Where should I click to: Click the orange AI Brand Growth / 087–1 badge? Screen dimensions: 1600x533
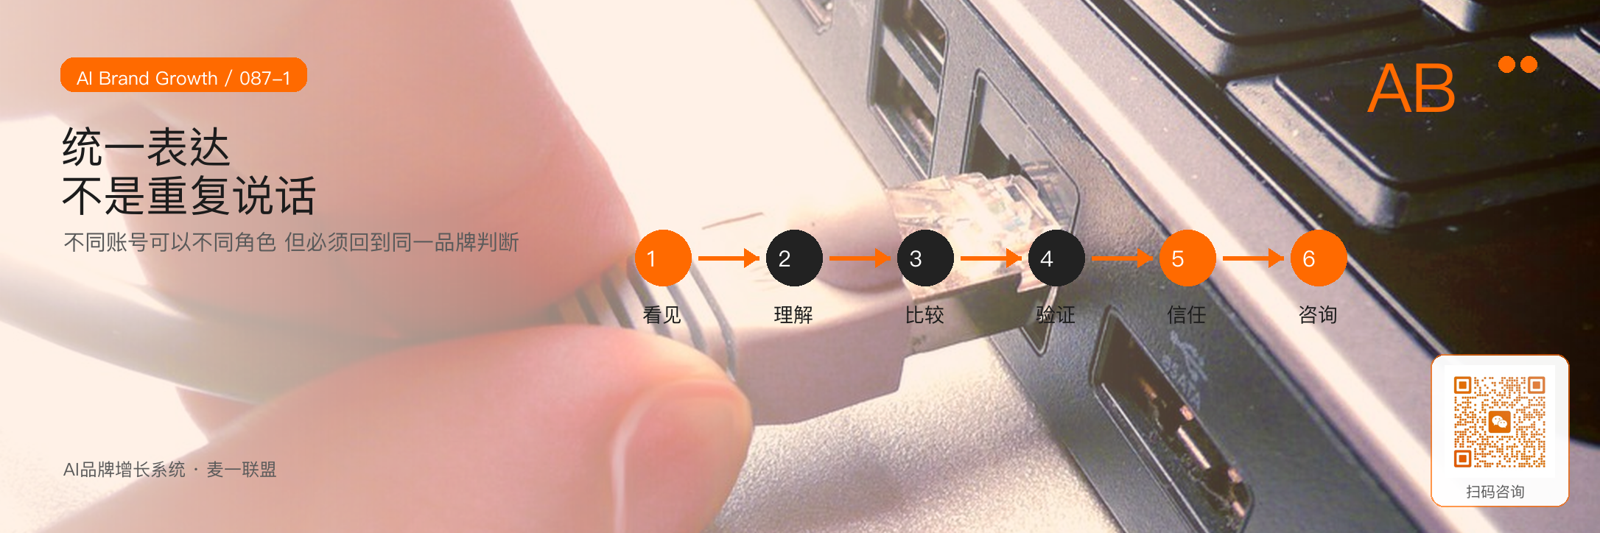coord(183,75)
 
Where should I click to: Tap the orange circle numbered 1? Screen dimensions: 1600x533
coord(663,258)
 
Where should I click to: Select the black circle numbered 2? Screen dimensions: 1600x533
coord(794,258)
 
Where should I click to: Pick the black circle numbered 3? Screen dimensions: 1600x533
coord(925,258)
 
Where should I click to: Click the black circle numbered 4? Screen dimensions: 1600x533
coord(1056,258)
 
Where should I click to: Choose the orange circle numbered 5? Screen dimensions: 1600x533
coord(1187,258)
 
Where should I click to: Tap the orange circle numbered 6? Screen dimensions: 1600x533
coord(1319,258)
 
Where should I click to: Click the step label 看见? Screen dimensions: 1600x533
coord(662,315)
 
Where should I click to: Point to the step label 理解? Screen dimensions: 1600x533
coord(793,315)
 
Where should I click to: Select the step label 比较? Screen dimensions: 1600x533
coord(924,315)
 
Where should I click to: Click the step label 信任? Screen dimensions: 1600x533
coord(1187,315)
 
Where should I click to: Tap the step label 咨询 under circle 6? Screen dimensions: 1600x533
coord(1318,315)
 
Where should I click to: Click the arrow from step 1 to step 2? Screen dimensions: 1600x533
coord(729,258)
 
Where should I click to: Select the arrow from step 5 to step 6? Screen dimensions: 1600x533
coord(1253,258)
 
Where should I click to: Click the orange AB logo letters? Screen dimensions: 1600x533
coord(1411,88)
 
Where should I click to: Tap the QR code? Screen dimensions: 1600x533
coord(1499,423)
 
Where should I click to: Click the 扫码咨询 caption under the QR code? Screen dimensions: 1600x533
coord(1495,492)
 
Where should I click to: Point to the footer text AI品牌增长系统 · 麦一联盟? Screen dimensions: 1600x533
coord(169,470)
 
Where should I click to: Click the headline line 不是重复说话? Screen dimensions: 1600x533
coord(189,196)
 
